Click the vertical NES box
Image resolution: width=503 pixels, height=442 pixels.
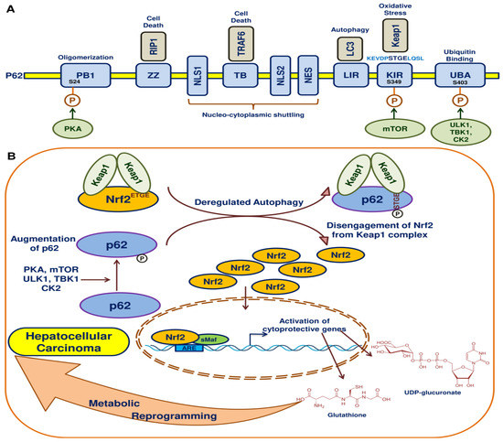tap(310, 75)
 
